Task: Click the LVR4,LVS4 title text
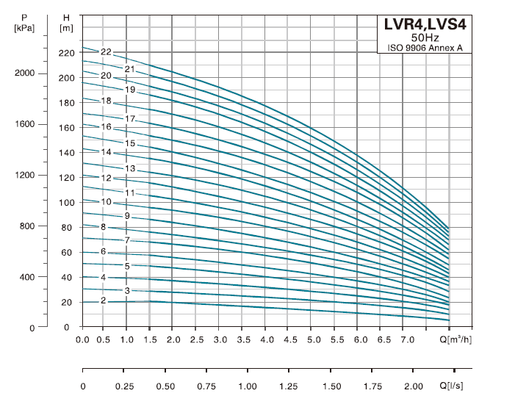pos(424,24)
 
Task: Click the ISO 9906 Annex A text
pos(424,48)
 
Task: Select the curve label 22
pos(106,52)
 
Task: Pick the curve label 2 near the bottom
pos(104,300)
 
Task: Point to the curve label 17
pos(130,119)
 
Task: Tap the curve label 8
pos(104,228)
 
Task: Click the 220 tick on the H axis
pos(66,53)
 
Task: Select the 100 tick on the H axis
pos(66,203)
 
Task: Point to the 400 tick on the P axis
pos(26,277)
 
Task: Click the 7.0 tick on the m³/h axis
pos(406,339)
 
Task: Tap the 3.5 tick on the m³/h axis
pos(244,339)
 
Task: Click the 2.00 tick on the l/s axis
pos(414,386)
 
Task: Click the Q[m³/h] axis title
pos(459,339)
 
